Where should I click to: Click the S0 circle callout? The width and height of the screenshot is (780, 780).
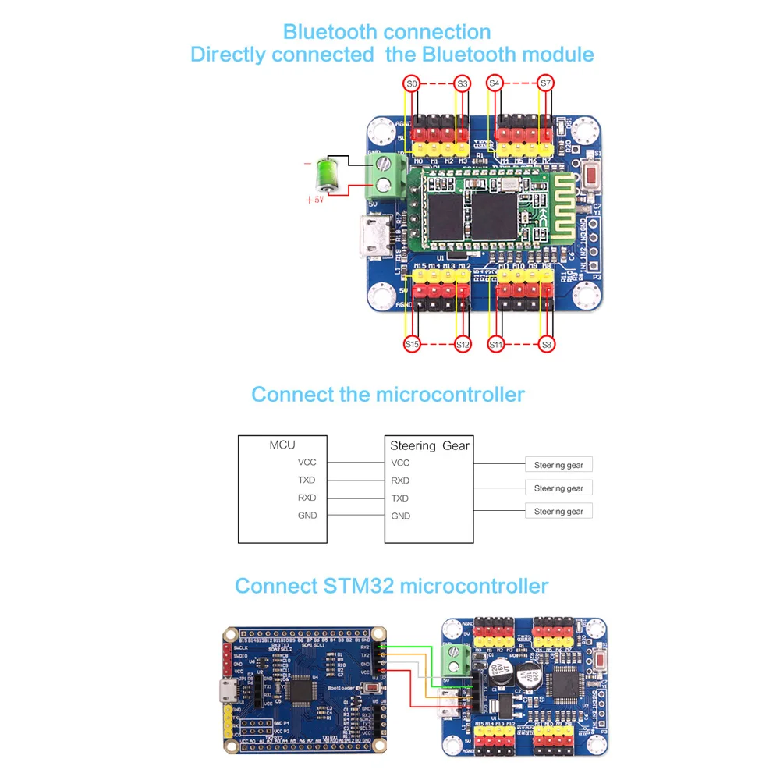pos(413,83)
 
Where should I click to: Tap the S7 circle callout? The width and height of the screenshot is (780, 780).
pos(546,83)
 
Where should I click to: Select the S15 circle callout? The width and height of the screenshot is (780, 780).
pos(413,343)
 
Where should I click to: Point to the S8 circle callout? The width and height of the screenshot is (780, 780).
pos(546,343)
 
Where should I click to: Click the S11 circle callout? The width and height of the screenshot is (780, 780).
pos(495,343)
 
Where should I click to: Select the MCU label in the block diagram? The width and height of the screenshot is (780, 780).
pos(282,445)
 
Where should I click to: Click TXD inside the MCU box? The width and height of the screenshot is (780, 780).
pos(307,480)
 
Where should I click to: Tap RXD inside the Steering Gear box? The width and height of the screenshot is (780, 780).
pos(400,480)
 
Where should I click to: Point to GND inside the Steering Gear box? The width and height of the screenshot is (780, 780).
pos(400,516)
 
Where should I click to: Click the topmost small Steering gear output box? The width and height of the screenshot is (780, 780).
pos(558,465)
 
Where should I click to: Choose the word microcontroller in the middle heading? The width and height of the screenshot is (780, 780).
pos(450,395)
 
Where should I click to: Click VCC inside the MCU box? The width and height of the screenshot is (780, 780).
pos(307,463)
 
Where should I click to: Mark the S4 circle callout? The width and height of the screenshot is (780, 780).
pos(495,83)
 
